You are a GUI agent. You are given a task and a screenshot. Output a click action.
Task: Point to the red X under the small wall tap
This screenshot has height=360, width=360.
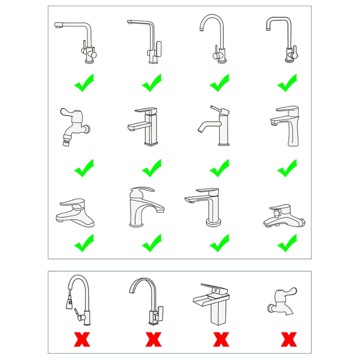click(288, 339)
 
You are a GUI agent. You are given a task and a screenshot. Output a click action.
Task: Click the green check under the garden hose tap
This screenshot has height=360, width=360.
click(84, 168)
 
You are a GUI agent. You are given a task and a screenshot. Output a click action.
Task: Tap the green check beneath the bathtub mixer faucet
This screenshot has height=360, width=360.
click(287, 243)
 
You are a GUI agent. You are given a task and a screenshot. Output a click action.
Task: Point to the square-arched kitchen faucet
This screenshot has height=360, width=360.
click(282, 38)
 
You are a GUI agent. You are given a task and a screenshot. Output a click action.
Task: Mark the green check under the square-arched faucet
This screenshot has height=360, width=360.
click(287, 83)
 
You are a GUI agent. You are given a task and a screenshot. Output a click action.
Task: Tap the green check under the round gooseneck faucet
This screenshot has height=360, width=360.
click(220, 83)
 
